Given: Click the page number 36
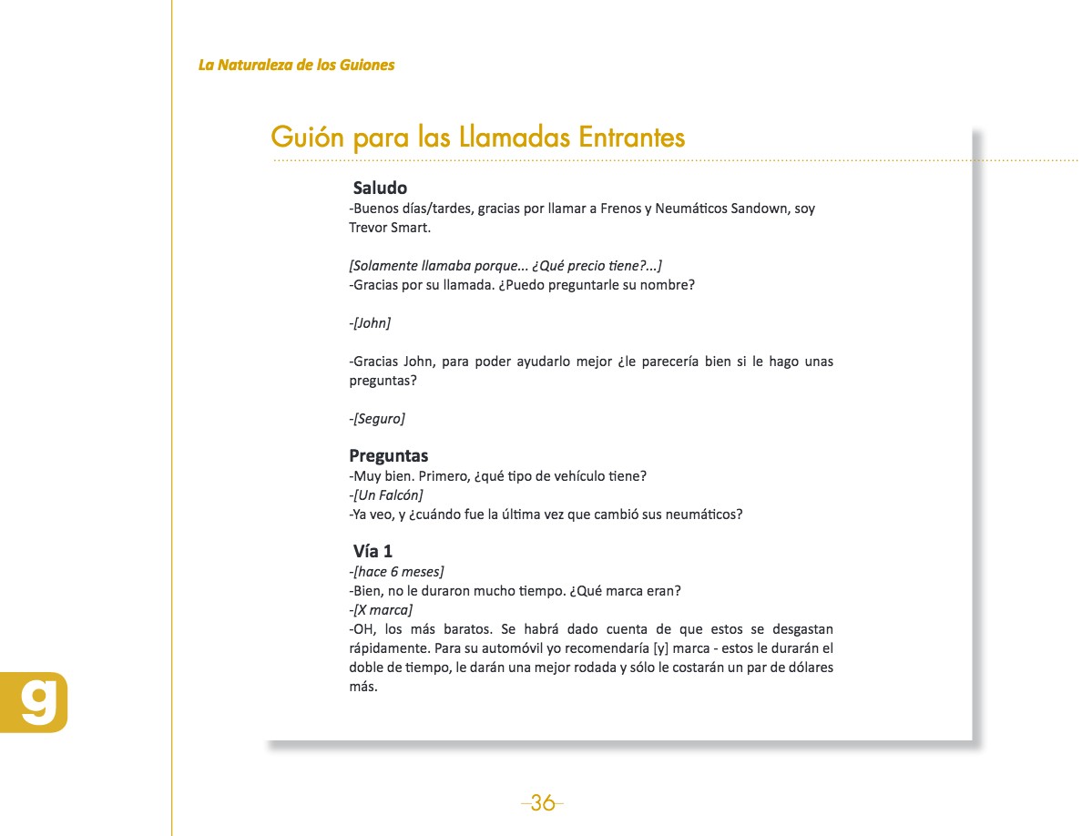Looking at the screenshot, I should coord(543,802).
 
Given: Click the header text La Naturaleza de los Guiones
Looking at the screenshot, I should coord(296,65).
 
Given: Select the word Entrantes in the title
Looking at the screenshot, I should coord(632,138).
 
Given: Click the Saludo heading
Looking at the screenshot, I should coord(380,189).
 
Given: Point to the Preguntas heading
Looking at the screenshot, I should coord(388,455).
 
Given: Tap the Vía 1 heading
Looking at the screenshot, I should coord(373,551).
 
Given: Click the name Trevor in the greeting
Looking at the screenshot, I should coord(368,227).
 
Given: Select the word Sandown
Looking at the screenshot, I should coord(760,209).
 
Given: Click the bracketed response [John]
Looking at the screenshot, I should coord(372,322).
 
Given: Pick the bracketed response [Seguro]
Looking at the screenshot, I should coord(379,418).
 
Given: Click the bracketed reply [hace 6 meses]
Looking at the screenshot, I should coord(398,571).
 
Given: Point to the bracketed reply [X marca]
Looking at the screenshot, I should coord(383,609).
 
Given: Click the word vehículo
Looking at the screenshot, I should coord(538,476).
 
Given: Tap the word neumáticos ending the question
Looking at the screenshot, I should coord(700,514).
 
